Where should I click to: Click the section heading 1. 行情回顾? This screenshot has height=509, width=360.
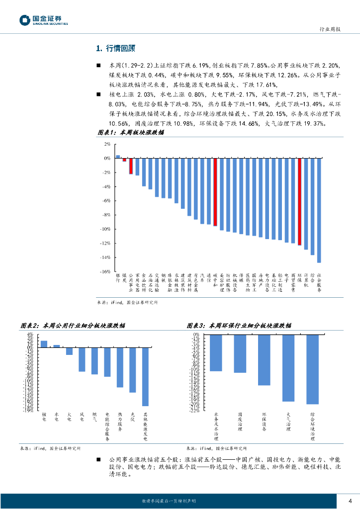[115, 48]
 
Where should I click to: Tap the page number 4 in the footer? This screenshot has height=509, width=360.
[350, 501]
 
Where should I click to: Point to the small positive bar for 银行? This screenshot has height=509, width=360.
[118, 157]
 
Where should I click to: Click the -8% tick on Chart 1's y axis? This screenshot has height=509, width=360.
[106, 215]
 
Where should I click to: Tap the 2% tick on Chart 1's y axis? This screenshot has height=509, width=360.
[107, 144]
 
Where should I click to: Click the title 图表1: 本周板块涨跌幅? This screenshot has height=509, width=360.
[130, 133]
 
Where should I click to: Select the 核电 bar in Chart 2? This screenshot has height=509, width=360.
[44, 344]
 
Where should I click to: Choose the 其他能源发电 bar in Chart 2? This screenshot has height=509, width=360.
[145, 377]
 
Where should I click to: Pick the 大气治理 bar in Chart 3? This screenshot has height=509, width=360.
[288, 368]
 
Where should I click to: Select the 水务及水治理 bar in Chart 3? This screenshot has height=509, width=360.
[216, 353]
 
